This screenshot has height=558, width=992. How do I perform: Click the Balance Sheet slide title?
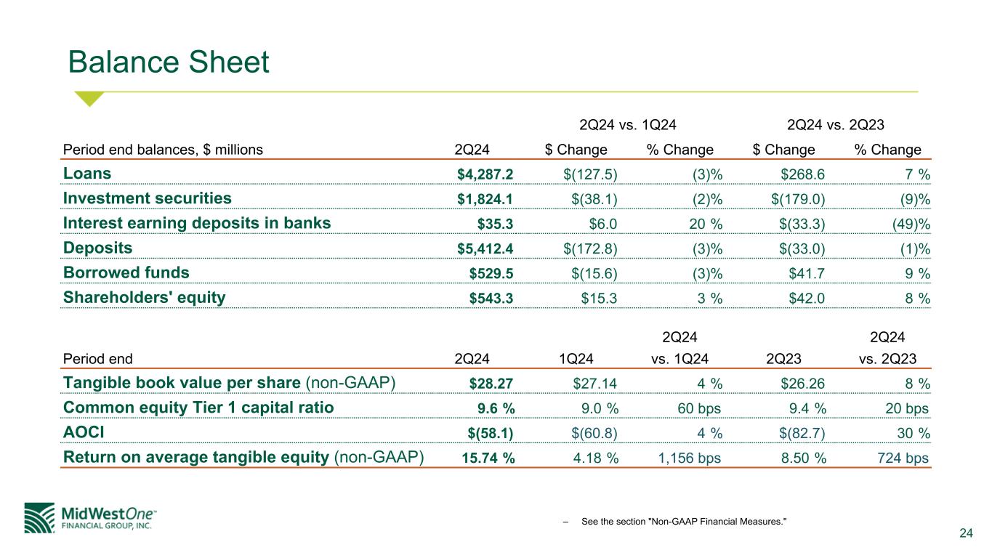tap(169, 63)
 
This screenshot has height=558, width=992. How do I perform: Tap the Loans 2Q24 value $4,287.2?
tap(485, 174)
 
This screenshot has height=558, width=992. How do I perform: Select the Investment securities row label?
tap(148, 198)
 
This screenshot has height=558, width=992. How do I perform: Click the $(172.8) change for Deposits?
tap(590, 248)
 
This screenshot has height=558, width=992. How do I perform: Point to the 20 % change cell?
tap(701, 224)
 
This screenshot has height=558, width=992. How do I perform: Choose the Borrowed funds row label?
tap(126, 272)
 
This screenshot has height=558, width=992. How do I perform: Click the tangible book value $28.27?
tap(492, 384)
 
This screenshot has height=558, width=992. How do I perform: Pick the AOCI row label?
tap(84, 432)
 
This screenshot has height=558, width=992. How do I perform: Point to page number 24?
tap(966, 535)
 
